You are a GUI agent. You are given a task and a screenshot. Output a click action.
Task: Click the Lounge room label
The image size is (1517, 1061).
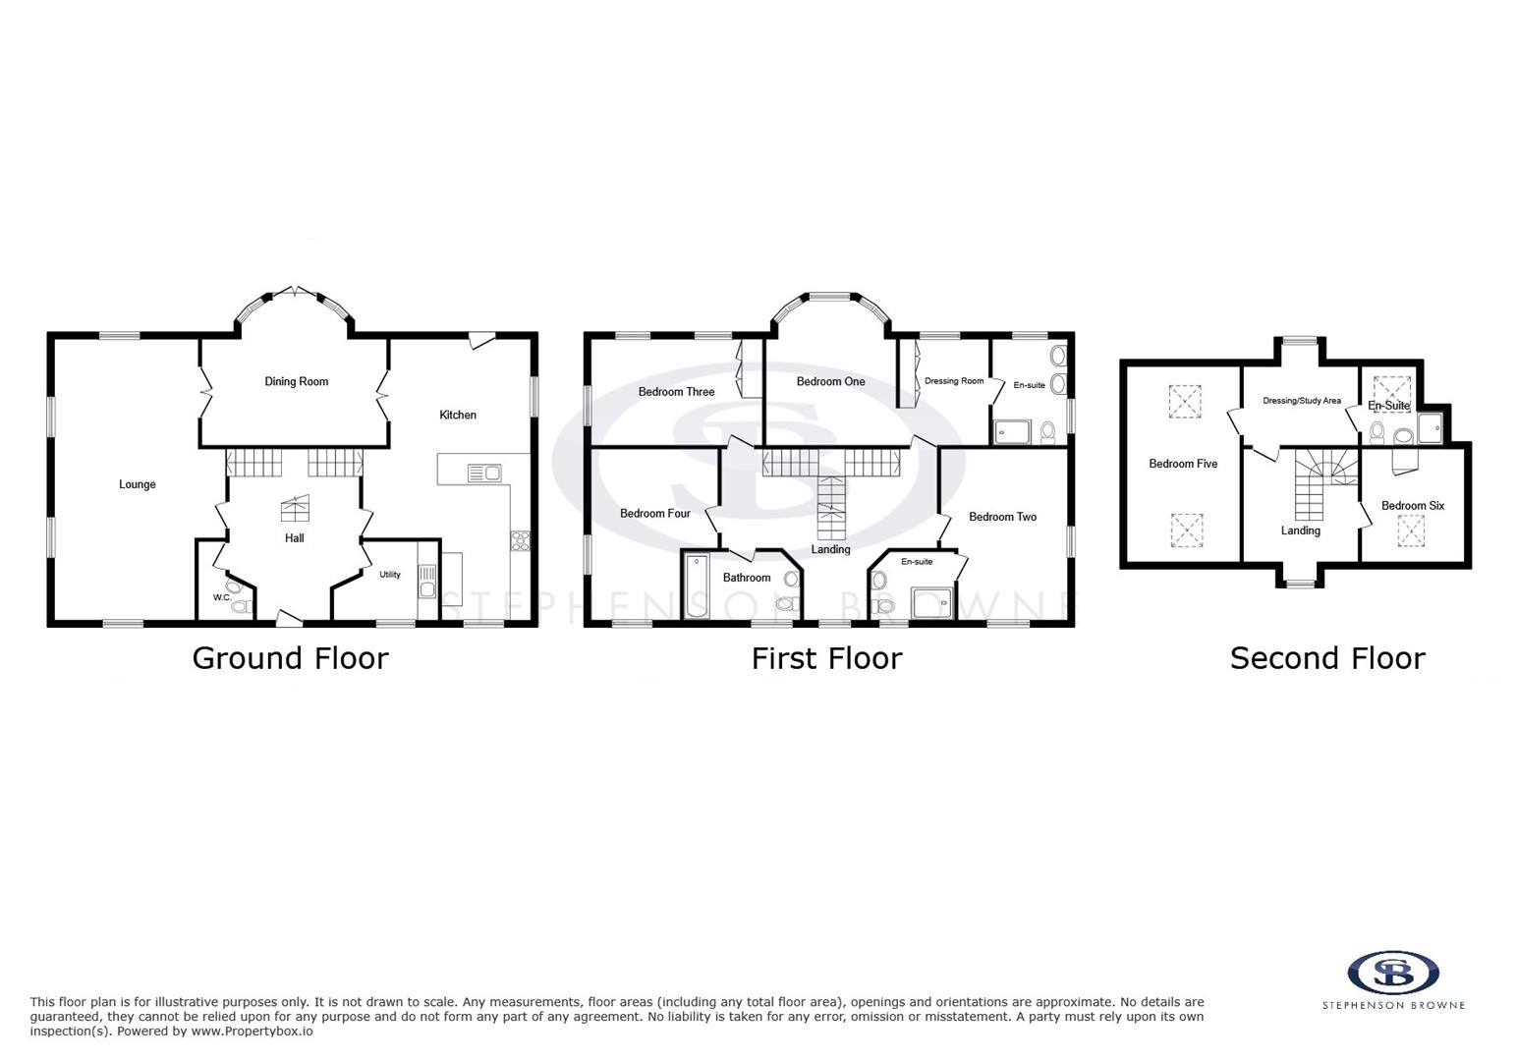click(138, 484)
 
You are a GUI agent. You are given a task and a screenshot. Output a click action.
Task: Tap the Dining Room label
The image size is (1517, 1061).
click(296, 381)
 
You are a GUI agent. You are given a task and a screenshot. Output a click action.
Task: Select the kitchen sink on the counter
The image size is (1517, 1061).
click(483, 474)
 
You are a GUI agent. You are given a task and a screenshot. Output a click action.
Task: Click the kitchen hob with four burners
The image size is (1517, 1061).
click(520, 540)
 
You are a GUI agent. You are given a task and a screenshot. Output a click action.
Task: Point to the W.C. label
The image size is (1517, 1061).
click(222, 597)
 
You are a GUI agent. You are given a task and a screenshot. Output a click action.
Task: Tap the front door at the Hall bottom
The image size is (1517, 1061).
click(288, 618)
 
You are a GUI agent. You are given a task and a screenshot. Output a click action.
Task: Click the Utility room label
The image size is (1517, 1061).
click(390, 575)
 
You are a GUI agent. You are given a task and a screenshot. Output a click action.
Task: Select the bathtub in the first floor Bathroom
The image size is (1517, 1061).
click(696, 586)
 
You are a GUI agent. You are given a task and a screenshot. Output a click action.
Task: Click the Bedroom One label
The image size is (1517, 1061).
click(830, 381)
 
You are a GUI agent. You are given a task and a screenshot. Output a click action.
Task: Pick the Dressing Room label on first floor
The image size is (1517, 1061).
click(953, 381)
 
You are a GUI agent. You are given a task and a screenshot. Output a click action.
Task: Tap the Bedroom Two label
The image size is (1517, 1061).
click(1002, 517)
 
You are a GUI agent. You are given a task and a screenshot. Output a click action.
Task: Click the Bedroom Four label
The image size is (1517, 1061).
click(654, 513)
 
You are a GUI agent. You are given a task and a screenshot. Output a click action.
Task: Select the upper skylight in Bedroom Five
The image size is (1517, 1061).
click(1185, 402)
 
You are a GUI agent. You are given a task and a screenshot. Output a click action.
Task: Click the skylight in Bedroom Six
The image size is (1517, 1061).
click(1411, 532)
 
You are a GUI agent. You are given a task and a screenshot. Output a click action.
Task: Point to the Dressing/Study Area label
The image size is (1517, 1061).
click(1301, 401)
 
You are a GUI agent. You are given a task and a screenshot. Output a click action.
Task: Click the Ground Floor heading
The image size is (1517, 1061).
click(290, 658)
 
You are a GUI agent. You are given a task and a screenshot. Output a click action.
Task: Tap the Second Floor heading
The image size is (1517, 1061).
click(1326, 658)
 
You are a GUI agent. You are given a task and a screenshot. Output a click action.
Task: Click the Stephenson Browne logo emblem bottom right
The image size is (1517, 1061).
click(1393, 973)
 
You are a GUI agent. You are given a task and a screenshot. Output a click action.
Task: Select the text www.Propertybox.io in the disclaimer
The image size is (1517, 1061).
click(251, 1032)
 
